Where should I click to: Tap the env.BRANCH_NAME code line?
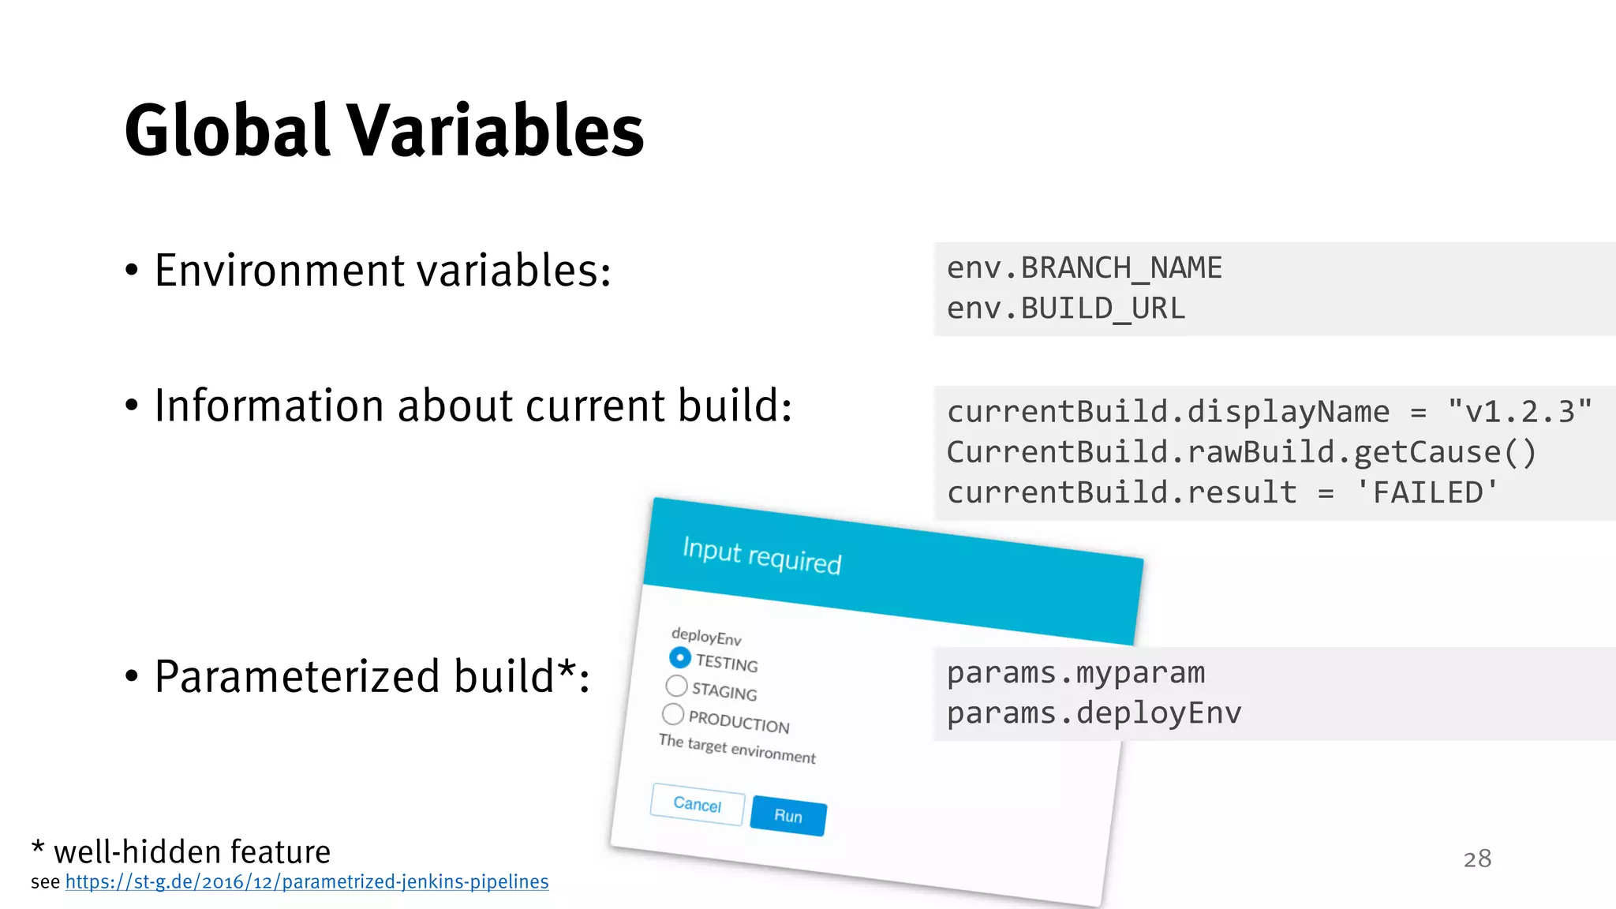point(1084,268)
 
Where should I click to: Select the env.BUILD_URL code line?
point(1065,309)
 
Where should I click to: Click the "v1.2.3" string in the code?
point(1520,412)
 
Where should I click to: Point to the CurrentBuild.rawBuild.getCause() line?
point(1241,452)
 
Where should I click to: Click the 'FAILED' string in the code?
point(1427,492)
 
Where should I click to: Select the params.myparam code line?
point(1075,673)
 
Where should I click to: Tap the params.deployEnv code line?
point(1094,713)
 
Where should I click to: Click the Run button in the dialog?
point(787,816)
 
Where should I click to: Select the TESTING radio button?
point(679,657)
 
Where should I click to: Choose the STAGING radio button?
point(676,686)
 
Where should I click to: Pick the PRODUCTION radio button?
point(673,714)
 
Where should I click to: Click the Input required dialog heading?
point(761,556)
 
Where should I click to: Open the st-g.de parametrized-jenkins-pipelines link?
point(306,882)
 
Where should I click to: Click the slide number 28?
point(1477,858)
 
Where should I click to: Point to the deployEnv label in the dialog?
point(706,637)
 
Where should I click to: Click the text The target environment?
point(737,749)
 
